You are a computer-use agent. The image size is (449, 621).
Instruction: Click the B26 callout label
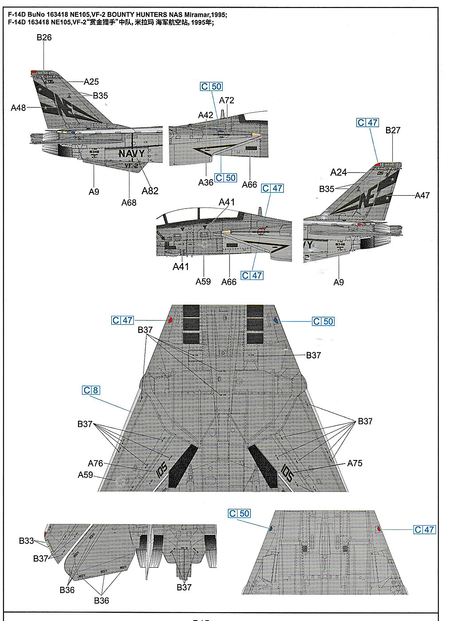pyautogui.click(x=44, y=38)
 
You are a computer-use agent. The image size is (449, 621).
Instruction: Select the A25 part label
pyautogui.click(x=91, y=82)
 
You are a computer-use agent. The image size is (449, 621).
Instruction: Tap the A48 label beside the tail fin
pyautogui.click(x=18, y=108)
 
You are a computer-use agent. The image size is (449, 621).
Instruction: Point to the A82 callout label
pyautogui.click(x=150, y=191)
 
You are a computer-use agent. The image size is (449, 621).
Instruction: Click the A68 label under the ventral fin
pyautogui.click(x=129, y=202)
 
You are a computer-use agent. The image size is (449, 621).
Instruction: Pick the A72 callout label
pyautogui.click(x=226, y=100)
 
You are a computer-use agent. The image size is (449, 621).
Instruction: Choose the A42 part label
pyautogui.click(x=205, y=115)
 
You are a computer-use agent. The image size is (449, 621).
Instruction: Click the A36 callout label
pyautogui.click(x=206, y=182)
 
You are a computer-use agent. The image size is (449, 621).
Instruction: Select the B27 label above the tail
pyautogui.click(x=393, y=130)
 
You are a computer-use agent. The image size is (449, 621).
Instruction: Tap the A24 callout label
pyautogui.click(x=339, y=173)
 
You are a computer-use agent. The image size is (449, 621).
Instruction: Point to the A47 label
pyautogui.click(x=422, y=195)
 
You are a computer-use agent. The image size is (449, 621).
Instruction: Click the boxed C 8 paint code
pyautogui.click(x=91, y=390)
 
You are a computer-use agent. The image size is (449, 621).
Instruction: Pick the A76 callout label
pyautogui.click(x=95, y=463)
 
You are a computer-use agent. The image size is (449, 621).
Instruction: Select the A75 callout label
pyautogui.click(x=355, y=463)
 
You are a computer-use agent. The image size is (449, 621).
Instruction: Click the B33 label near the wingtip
pyautogui.click(x=26, y=541)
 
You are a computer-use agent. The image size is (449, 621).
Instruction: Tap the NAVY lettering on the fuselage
pyautogui.click(x=131, y=154)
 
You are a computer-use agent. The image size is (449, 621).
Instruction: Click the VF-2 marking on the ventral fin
pyautogui.click(x=131, y=166)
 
